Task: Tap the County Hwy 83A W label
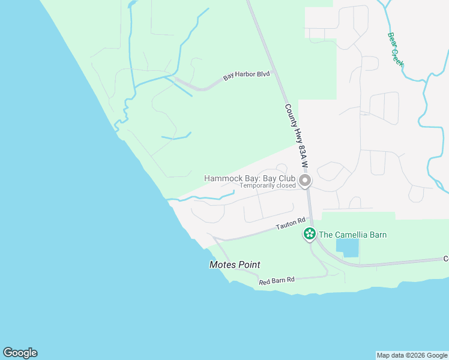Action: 296,135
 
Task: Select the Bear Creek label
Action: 395,49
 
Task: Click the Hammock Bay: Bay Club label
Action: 250,178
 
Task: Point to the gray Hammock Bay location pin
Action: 306,180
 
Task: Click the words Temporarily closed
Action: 268,186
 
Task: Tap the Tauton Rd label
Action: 286,226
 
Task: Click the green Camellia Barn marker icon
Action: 309,234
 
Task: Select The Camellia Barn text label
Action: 352,235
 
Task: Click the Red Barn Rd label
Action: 277,280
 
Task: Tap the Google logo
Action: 20,353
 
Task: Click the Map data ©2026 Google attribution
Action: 412,355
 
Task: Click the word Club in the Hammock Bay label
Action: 287,178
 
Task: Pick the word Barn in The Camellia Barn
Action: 377,235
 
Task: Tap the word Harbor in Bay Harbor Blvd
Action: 246,76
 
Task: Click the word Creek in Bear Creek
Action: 397,56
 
